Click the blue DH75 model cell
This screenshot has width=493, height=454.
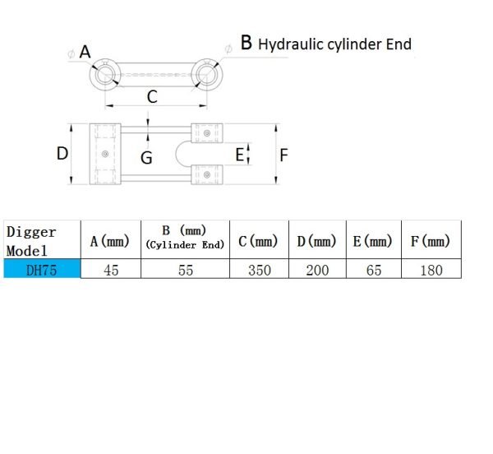click(42, 269)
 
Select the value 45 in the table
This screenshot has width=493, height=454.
click(111, 271)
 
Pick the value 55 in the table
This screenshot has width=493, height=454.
click(186, 271)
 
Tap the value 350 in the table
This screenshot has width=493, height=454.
click(260, 271)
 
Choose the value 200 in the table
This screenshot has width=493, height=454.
click(317, 271)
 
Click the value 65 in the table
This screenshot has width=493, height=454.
click(374, 271)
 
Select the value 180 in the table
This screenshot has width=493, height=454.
click(431, 271)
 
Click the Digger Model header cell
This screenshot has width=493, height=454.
click(31, 241)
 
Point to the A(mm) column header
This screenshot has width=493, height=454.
click(110, 242)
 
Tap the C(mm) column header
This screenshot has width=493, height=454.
click(258, 242)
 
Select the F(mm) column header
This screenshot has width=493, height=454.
click(431, 242)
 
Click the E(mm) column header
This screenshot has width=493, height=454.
click(373, 242)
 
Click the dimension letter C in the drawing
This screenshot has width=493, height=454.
click(152, 96)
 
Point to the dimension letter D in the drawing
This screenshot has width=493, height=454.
click(62, 154)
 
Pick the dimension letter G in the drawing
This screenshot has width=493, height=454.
click(146, 158)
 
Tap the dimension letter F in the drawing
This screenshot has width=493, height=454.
click(284, 155)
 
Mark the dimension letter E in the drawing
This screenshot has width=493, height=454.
click(240, 155)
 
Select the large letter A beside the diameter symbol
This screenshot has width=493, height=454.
click(85, 52)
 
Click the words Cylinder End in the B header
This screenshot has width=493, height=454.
click(185, 245)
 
